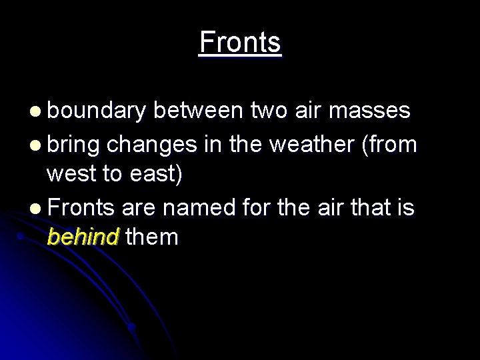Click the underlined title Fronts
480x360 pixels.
click(x=240, y=43)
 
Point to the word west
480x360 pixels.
click(x=71, y=174)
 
